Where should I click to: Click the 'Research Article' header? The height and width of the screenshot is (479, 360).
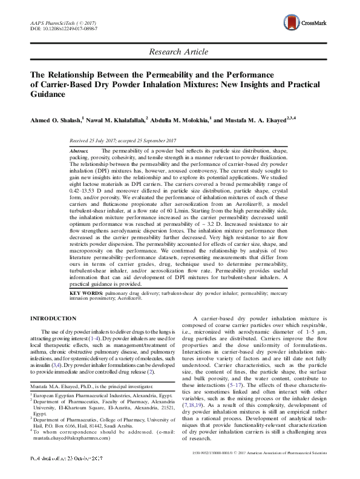[179, 53]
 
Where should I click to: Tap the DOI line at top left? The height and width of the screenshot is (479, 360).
[57, 28]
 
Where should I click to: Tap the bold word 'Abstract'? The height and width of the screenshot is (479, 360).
[80, 150]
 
